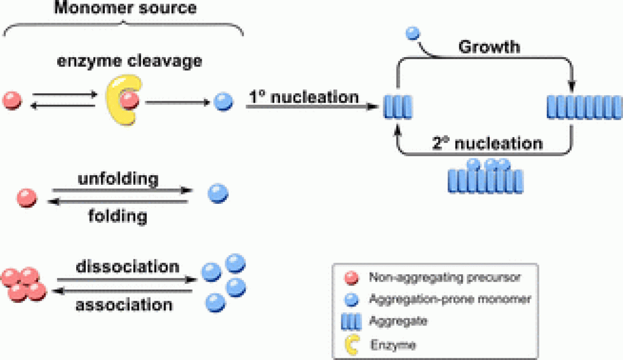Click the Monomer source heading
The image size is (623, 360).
[125, 8]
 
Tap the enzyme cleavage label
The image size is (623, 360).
[130, 61]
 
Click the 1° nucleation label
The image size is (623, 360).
[304, 97]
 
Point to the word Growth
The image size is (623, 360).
[489, 47]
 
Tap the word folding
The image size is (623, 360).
[118, 216]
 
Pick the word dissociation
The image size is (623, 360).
[127, 266]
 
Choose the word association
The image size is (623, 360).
[124, 305]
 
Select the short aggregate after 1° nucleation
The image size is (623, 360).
[397, 107]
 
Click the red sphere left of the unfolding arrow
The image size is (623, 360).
[27, 197]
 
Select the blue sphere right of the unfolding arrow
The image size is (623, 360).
[218, 193]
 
